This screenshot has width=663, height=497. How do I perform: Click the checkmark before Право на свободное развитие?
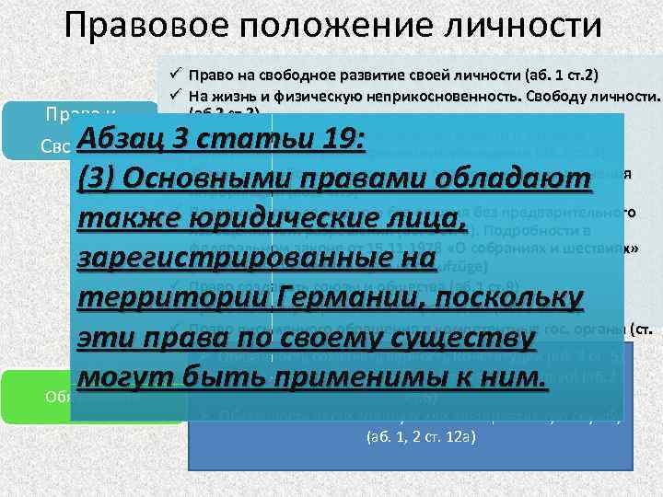pyautogui.click(x=172, y=75)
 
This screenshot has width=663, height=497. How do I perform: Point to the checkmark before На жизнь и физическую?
pyautogui.click(x=172, y=96)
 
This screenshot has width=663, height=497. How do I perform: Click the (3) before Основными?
pyautogui.click(x=99, y=180)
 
